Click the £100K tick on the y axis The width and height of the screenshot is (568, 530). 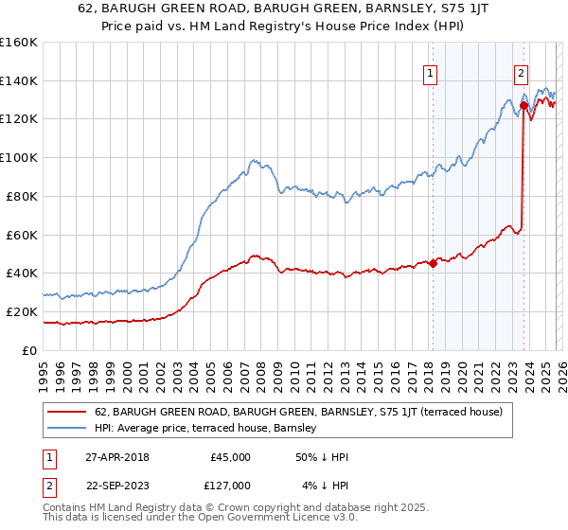(x=19, y=157)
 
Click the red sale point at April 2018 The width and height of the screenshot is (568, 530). (x=433, y=263)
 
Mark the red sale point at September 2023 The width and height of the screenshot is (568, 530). (x=524, y=105)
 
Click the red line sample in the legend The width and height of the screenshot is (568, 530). (x=68, y=412)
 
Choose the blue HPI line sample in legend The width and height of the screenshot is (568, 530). (x=68, y=428)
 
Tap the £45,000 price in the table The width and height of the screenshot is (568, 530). (x=230, y=456)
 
